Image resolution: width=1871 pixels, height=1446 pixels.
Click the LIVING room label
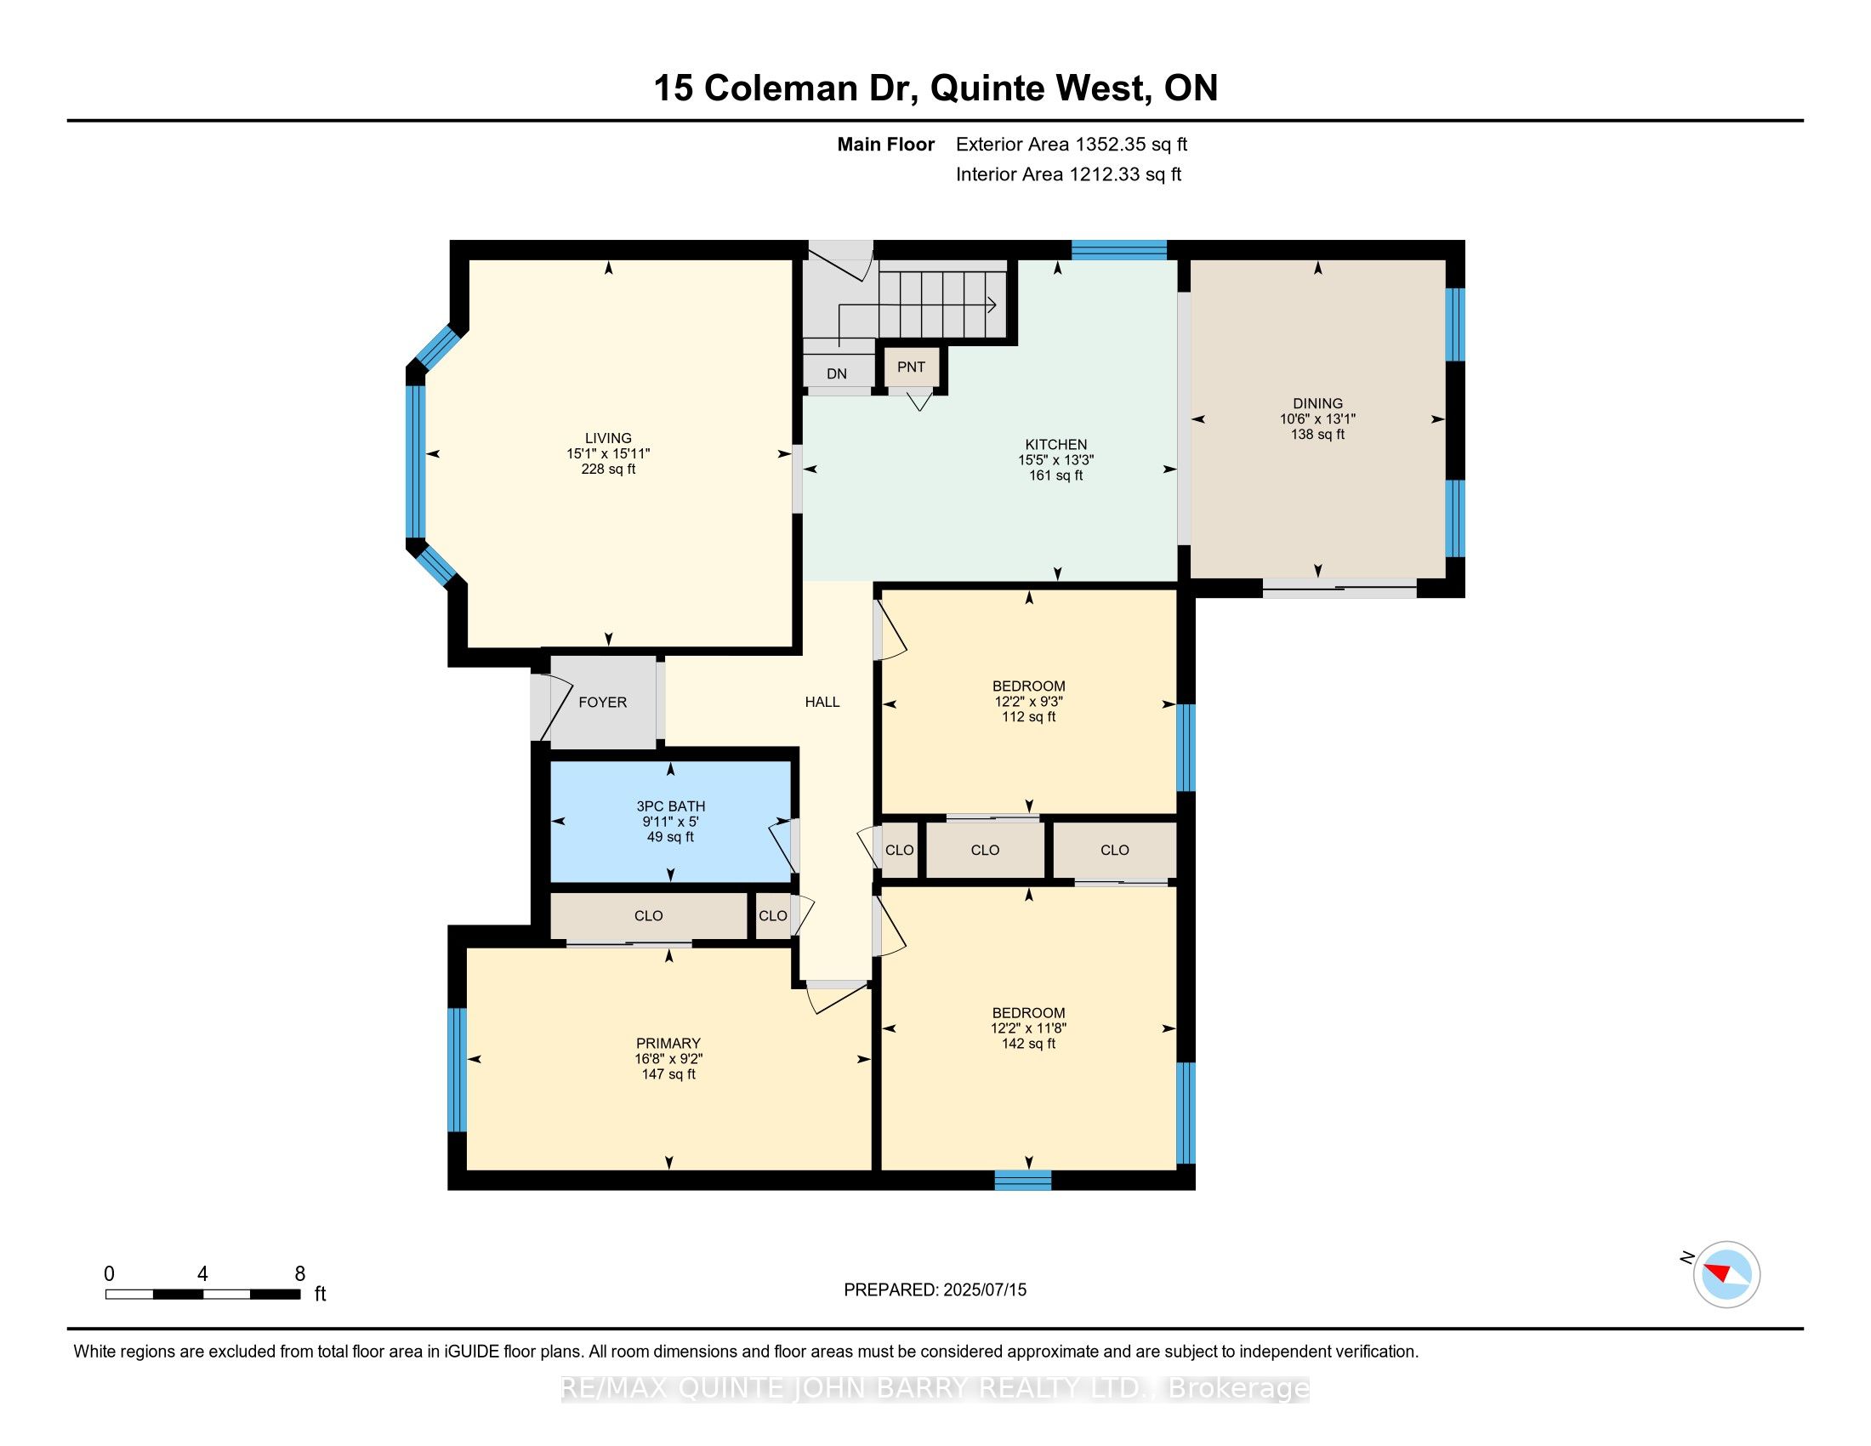pyautogui.click(x=608, y=438)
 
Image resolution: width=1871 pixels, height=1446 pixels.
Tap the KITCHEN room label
pyautogui.click(x=1056, y=445)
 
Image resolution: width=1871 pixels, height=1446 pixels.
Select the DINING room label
pyautogui.click(x=1317, y=403)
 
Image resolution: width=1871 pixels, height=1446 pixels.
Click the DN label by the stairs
pyautogui.click(x=837, y=373)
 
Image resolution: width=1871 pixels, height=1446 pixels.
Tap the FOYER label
pyautogui.click(x=602, y=703)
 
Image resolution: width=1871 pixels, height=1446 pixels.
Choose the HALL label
pyautogui.click(x=822, y=703)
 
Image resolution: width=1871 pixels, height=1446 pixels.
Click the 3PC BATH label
pyautogui.click(x=671, y=806)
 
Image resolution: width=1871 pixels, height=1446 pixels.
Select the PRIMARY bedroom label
pyautogui.click(x=668, y=1044)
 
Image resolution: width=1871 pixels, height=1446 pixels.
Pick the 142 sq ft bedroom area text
pyautogui.click(x=1029, y=1044)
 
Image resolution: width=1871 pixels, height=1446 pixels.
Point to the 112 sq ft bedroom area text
pyautogui.click(x=1029, y=717)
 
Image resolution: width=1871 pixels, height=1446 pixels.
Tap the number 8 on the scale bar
pyautogui.click(x=300, y=1274)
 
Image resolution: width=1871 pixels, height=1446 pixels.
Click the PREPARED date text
pyautogui.click(x=935, y=1290)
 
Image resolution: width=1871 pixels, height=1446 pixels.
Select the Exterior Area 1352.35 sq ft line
pyautogui.click(x=1072, y=144)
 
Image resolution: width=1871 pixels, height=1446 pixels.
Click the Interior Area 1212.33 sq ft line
pyautogui.click(x=1068, y=174)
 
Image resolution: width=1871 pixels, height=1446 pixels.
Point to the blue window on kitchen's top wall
pyautogui.click(x=1119, y=249)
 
